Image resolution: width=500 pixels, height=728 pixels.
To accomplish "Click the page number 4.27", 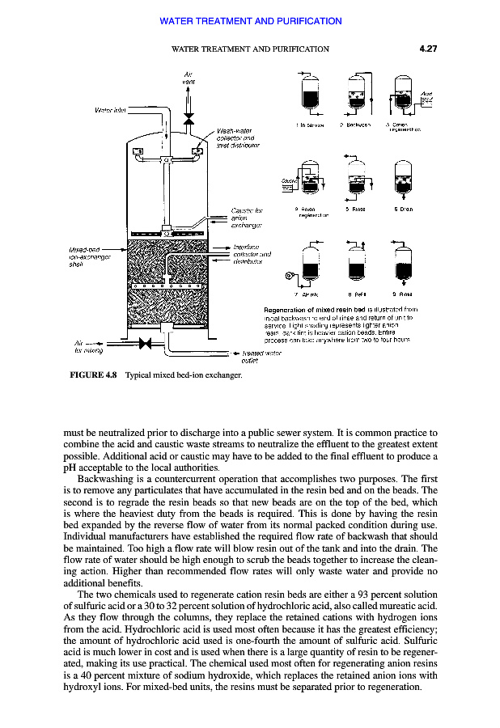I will (x=428, y=49).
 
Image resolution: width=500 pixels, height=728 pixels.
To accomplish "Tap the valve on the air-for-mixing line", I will (x=146, y=343).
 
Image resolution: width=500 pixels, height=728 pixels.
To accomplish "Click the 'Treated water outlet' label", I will (x=257, y=357).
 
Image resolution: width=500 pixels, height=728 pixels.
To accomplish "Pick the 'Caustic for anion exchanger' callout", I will (x=247, y=218).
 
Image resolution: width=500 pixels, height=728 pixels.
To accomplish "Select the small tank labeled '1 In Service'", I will (x=308, y=94).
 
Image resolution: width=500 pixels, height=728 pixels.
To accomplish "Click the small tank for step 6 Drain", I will (x=404, y=181).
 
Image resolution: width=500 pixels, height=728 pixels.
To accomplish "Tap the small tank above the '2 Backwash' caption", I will (x=356, y=94).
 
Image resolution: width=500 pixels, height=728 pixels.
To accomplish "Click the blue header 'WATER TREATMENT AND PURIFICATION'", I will (x=251, y=21).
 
